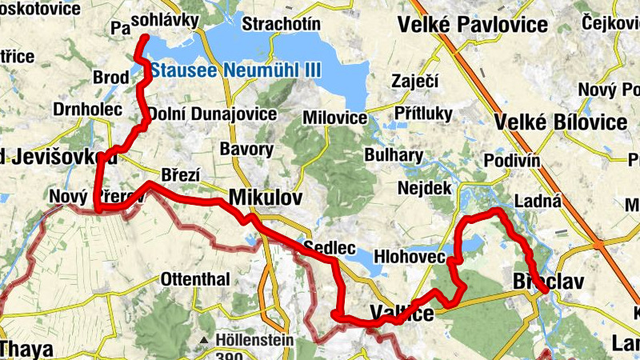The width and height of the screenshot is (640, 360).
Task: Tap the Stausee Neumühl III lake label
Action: pos(236,70)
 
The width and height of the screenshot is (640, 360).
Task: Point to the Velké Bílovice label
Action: pos(561,122)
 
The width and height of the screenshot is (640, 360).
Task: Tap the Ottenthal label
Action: pos(195,279)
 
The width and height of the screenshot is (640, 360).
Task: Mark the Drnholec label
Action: pos(87,109)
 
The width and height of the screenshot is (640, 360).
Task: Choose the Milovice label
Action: pos(335,118)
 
